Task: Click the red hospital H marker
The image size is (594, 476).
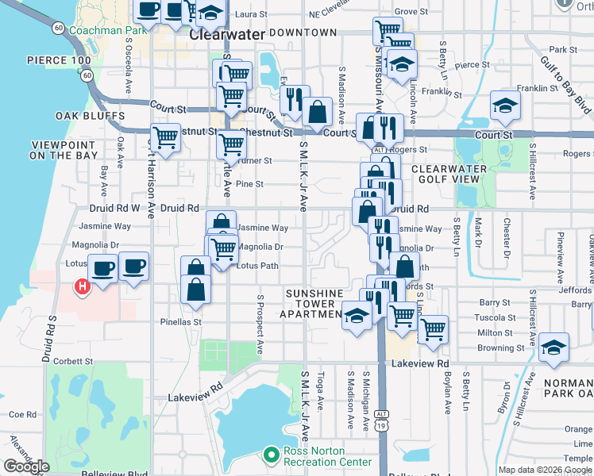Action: [x=80, y=286]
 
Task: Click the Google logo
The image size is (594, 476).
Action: [x=26, y=466]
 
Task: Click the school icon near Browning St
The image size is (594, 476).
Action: [x=553, y=347]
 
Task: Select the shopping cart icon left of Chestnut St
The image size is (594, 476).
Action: [x=166, y=136]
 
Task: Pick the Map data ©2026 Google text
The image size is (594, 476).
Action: [x=545, y=470]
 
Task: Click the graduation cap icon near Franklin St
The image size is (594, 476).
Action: [x=505, y=105]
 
